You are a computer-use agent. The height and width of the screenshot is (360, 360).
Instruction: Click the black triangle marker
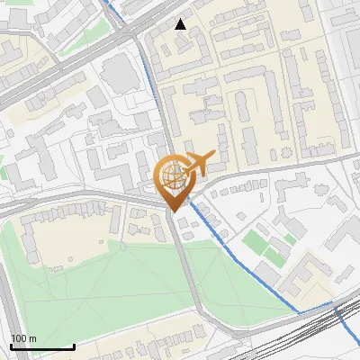pos(181,24)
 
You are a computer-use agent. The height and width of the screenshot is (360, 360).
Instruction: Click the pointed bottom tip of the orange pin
pos(174,211)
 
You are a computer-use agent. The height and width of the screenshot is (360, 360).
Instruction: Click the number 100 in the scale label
pos(19,338)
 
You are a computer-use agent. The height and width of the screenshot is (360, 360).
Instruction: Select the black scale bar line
pos(41,346)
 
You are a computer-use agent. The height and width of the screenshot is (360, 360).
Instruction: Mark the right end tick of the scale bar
pos(74,345)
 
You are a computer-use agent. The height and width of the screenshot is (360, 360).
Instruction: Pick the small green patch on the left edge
pos(3,171)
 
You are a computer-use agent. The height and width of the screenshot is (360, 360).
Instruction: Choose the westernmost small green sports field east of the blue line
pos(254,243)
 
